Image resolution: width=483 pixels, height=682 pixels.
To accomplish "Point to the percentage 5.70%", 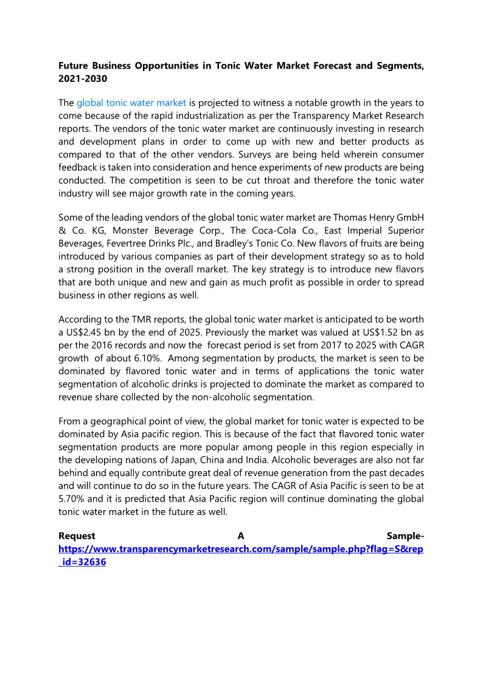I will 74,499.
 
